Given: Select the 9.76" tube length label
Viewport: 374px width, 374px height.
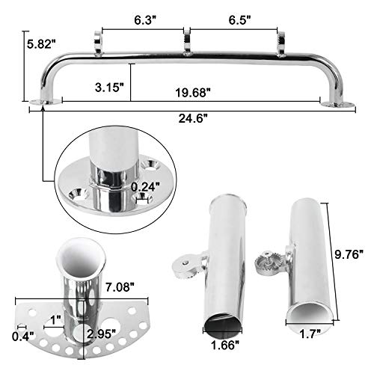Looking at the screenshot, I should tap(349, 255).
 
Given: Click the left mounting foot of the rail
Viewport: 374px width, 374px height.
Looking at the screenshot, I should tap(37, 101).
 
